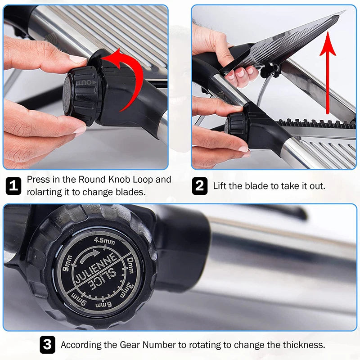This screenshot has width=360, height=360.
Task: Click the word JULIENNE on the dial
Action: pos(95,267)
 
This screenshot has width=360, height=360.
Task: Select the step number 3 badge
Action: pos(47,345)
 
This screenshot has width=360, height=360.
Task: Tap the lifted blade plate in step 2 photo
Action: pos(288,43)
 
